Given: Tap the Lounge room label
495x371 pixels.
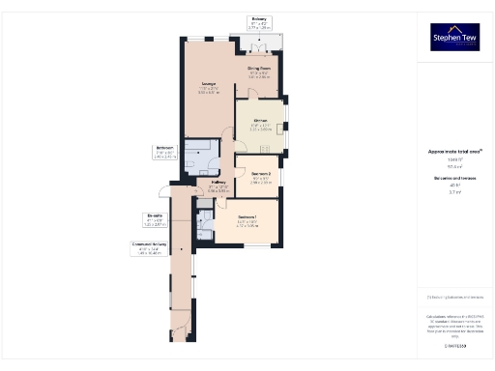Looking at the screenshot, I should click(x=208, y=85).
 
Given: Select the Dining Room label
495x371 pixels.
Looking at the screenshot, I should click(x=258, y=71).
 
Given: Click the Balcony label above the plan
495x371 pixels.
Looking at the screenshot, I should click(x=259, y=19).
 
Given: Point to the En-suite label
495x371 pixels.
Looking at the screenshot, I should click(x=155, y=216).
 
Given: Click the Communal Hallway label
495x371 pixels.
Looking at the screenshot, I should click(x=150, y=245).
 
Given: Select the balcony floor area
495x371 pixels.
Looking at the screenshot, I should click(x=259, y=39).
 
